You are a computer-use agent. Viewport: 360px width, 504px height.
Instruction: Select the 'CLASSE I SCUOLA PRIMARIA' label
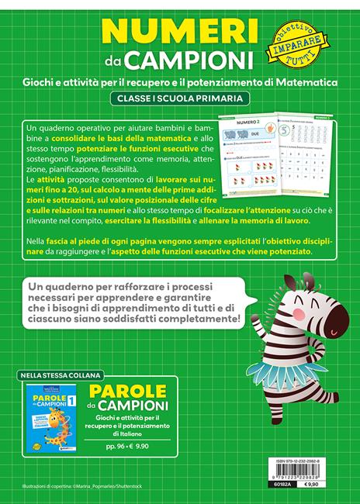pyautogui.click(x=178, y=98)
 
